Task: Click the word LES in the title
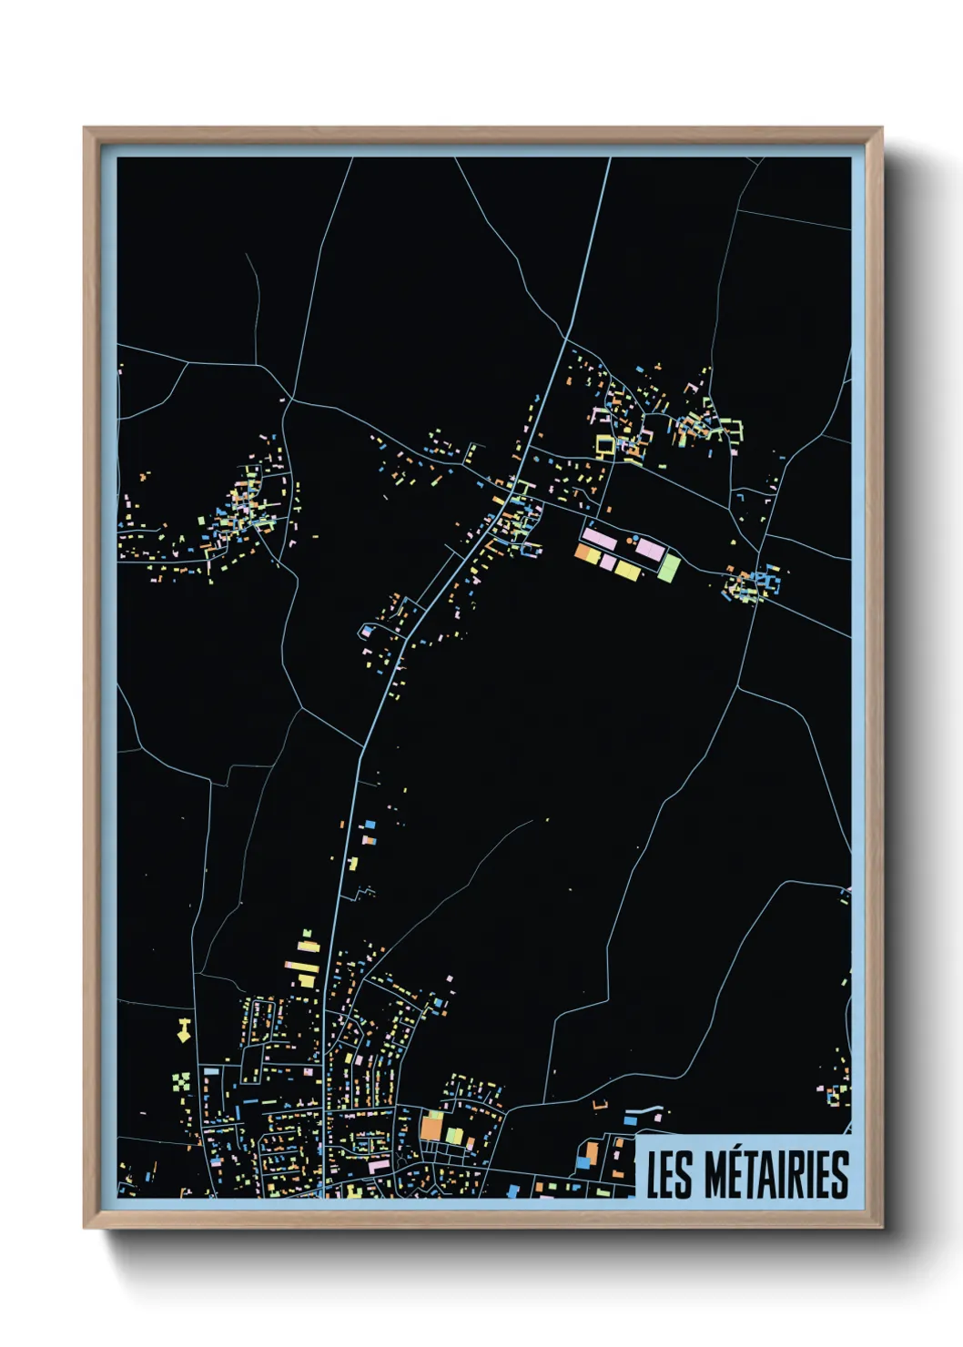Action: [x=666, y=1175]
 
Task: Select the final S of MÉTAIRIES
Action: [x=840, y=1175]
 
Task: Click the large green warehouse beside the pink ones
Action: [x=669, y=568]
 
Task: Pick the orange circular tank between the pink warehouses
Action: [x=627, y=540]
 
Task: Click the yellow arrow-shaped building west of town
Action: [x=183, y=1030]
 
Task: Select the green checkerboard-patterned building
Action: [x=182, y=1082]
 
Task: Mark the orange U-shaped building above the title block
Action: [x=600, y=1105]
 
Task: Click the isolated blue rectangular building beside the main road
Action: [x=370, y=825]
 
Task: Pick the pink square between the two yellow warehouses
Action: [x=607, y=562]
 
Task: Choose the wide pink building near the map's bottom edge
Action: [x=379, y=1166]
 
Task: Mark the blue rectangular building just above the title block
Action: [x=583, y=1161]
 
